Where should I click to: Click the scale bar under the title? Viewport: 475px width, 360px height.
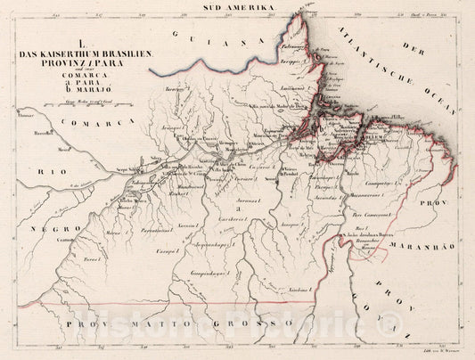pyautogui.click(x=85, y=110)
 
